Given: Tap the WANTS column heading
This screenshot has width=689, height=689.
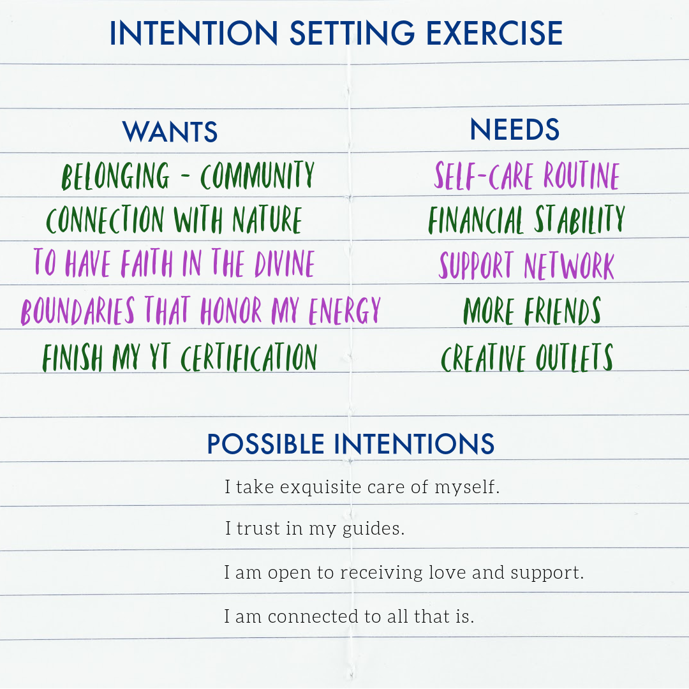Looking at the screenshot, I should coord(170,131).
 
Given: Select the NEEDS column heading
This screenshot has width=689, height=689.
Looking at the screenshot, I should coord(514,130).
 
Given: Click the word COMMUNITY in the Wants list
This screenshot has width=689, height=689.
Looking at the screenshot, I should coord(257,175).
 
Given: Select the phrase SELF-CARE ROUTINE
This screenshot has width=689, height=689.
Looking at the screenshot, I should coord(527,175).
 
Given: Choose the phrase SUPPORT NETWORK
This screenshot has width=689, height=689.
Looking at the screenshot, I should coord(527,265).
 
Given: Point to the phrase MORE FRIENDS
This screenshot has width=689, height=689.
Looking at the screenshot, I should coord(532,311).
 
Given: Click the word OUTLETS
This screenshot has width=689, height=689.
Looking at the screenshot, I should coord(574,357).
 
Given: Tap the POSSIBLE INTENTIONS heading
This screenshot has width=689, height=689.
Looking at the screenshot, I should coord(350,444).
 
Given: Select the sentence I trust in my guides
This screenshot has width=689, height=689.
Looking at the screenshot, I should coord(315,529).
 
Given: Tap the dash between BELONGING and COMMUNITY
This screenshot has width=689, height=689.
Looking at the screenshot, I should coord(185,177).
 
